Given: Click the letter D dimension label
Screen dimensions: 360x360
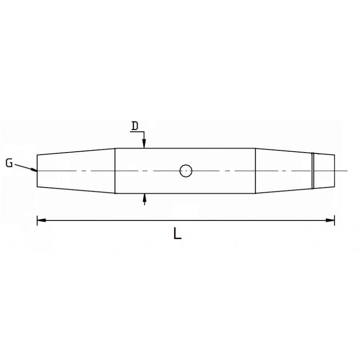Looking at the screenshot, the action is [x=135, y=126].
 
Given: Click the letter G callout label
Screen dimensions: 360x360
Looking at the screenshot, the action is [x=9, y=163].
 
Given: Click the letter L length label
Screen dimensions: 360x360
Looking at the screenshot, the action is [x=177, y=233].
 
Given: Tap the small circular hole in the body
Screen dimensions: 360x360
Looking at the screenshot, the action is [x=186, y=171].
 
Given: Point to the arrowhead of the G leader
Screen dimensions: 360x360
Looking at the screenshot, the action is [x=34, y=170].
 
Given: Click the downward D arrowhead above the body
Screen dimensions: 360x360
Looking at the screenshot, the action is [x=144, y=144].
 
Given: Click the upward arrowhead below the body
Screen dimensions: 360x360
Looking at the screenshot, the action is [x=144, y=198].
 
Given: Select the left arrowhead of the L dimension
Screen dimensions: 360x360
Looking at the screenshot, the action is [x=41, y=220].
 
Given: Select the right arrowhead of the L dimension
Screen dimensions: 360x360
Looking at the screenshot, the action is [x=330, y=220].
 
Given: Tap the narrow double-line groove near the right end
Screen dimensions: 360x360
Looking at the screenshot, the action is [x=313, y=171].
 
